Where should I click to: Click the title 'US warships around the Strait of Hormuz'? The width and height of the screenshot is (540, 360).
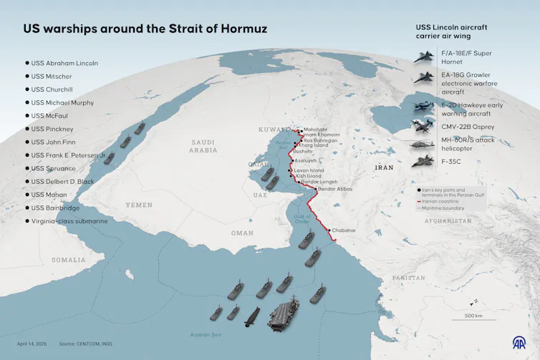pos(145,29)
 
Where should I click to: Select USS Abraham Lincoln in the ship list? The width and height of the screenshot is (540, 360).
pos(64,63)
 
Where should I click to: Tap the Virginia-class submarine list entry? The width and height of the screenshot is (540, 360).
pos(69,221)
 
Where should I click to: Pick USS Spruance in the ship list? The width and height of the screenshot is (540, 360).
pos(54,168)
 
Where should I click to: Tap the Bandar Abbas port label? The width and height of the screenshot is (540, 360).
pos(335,189)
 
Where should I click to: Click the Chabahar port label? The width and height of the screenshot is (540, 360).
pos(344,230)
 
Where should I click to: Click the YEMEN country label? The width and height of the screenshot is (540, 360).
pos(139,205)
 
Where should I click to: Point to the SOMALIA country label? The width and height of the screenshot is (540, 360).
pos(68,259)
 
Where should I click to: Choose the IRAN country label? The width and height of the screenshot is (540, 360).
pos(384,167)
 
